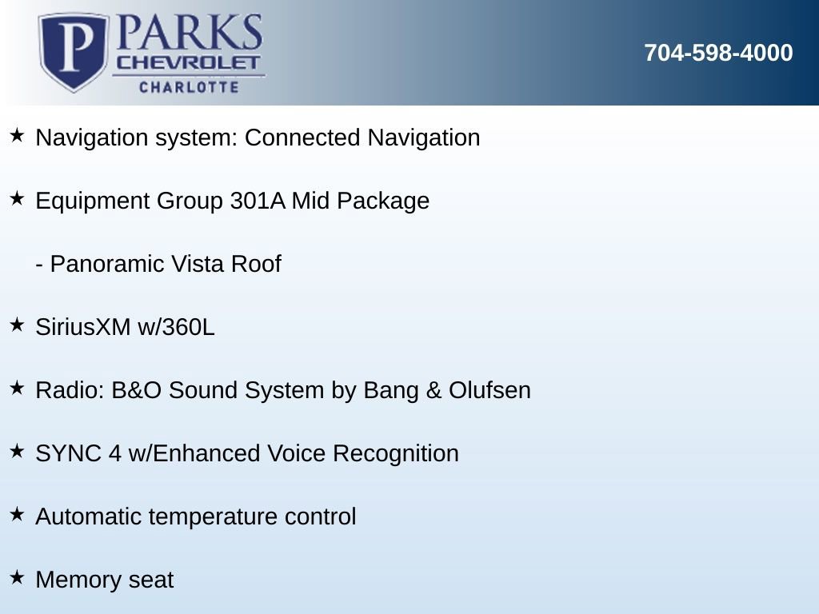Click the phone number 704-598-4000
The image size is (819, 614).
(718, 53)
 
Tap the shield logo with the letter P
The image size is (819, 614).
(74, 51)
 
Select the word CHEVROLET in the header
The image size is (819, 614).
(188, 63)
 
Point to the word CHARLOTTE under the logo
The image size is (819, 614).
(189, 86)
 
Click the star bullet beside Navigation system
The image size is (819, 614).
(17, 135)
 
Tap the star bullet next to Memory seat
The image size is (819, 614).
(17, 577)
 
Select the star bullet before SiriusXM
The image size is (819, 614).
(17, 325)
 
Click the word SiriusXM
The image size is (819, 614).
(83, 327)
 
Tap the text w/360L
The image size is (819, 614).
(176, 327)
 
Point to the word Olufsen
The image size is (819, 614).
(490, 390)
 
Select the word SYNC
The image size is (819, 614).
(69, 453)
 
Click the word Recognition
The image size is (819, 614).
(396, 454)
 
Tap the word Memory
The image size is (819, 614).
(78, 580)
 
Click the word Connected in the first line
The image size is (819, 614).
(302, 138)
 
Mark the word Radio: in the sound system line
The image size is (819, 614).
(70, 390)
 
